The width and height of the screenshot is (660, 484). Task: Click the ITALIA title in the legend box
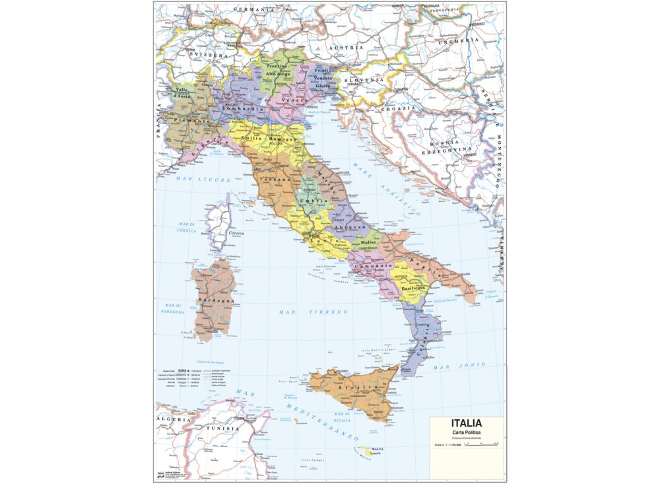click(466, 423)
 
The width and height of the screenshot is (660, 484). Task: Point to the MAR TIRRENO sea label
click(303, 311)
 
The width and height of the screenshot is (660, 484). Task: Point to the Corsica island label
click(235, 233)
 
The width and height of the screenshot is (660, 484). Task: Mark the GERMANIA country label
click(253, 10)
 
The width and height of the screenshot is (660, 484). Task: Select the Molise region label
click(368, 243)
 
